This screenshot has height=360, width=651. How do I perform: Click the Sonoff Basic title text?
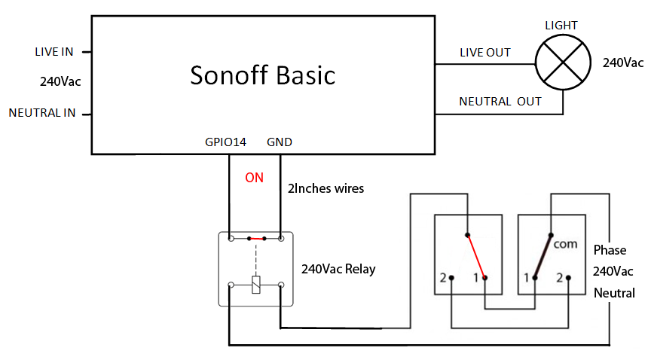pos(262,75)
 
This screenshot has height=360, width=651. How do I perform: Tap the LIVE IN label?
pos(53,52)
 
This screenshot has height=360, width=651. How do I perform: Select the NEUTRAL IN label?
pos(42,113)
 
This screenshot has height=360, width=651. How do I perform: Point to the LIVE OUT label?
pos(485,53)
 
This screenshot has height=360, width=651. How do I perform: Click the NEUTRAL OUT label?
pos(500,101)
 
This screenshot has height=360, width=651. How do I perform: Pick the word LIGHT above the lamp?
pos(561,26)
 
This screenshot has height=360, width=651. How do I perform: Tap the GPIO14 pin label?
pos(225,142)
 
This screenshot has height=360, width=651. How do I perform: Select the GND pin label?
pos(280,142)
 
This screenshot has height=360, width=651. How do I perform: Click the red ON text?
pos(255,178)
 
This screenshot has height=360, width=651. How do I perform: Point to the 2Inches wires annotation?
pos(325,188)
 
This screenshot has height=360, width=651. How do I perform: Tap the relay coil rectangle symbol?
pos(255,285)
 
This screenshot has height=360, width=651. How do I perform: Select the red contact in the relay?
pos(256,239)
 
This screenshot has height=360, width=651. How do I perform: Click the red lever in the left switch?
pos(475,254)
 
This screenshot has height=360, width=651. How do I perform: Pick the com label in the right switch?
pos(564,246)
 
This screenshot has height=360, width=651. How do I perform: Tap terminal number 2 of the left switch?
pos(443,277)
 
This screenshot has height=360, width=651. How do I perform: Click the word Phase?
pos(610,250)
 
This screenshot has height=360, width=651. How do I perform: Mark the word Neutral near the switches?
pos(614,293)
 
